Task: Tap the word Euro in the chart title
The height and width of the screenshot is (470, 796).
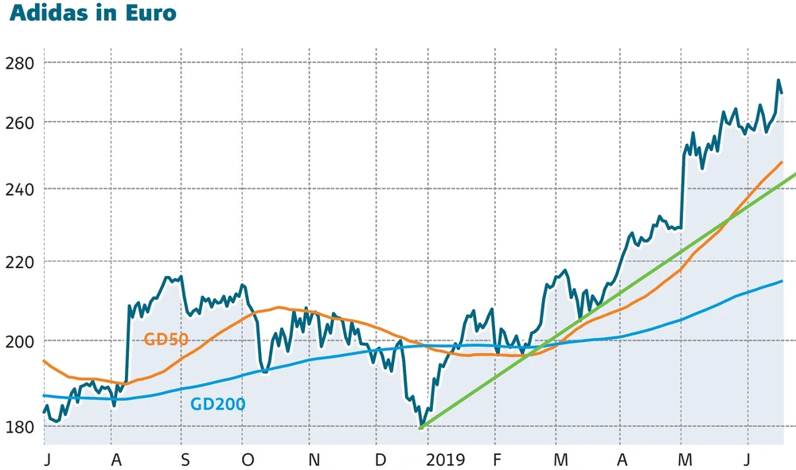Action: pos(150,14)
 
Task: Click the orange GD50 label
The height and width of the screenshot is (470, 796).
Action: pos(166,340)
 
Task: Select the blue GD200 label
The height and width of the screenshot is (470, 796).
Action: pos(217,404)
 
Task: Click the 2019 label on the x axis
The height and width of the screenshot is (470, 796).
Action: pos(445,459)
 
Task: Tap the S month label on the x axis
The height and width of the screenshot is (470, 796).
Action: pos(185,459)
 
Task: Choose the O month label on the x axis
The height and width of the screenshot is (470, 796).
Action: pos(248,459)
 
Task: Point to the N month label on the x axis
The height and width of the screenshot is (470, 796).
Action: pos(314,459)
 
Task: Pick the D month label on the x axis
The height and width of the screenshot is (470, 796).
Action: pos(380,459)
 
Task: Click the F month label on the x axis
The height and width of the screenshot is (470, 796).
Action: pos(497,459)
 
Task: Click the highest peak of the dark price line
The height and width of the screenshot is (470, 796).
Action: pos(778,80)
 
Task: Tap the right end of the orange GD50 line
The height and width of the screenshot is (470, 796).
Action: pos(782,162)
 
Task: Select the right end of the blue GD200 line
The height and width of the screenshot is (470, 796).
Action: pos(782,281)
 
